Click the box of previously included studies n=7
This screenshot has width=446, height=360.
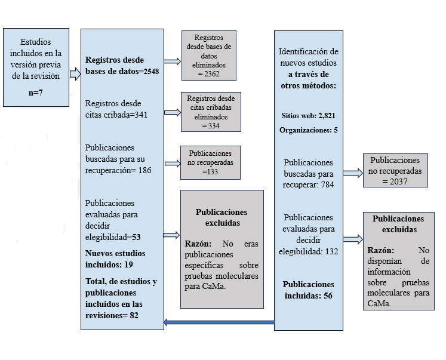pyautogui.click(x=36, y=66)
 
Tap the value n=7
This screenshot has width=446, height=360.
pyautogui.click(x=36, y=94)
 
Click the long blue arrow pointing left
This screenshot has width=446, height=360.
pyautogui.click(x=219, y=324)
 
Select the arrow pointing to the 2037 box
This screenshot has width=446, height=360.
pyautogui.click(x=352, y=173)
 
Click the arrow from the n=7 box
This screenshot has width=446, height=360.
pyautogui.click(x=75, y=74)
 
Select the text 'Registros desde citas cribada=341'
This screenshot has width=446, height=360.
pyautogui.click(x=117, y=108)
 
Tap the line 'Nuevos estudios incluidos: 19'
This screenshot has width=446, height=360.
pyautogui.click(x=115, y=259)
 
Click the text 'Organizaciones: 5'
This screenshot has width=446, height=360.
pyautogui.click(x=308, y=130)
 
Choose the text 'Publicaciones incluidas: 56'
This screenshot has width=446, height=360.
pyautogui.click(x=308, y=290)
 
